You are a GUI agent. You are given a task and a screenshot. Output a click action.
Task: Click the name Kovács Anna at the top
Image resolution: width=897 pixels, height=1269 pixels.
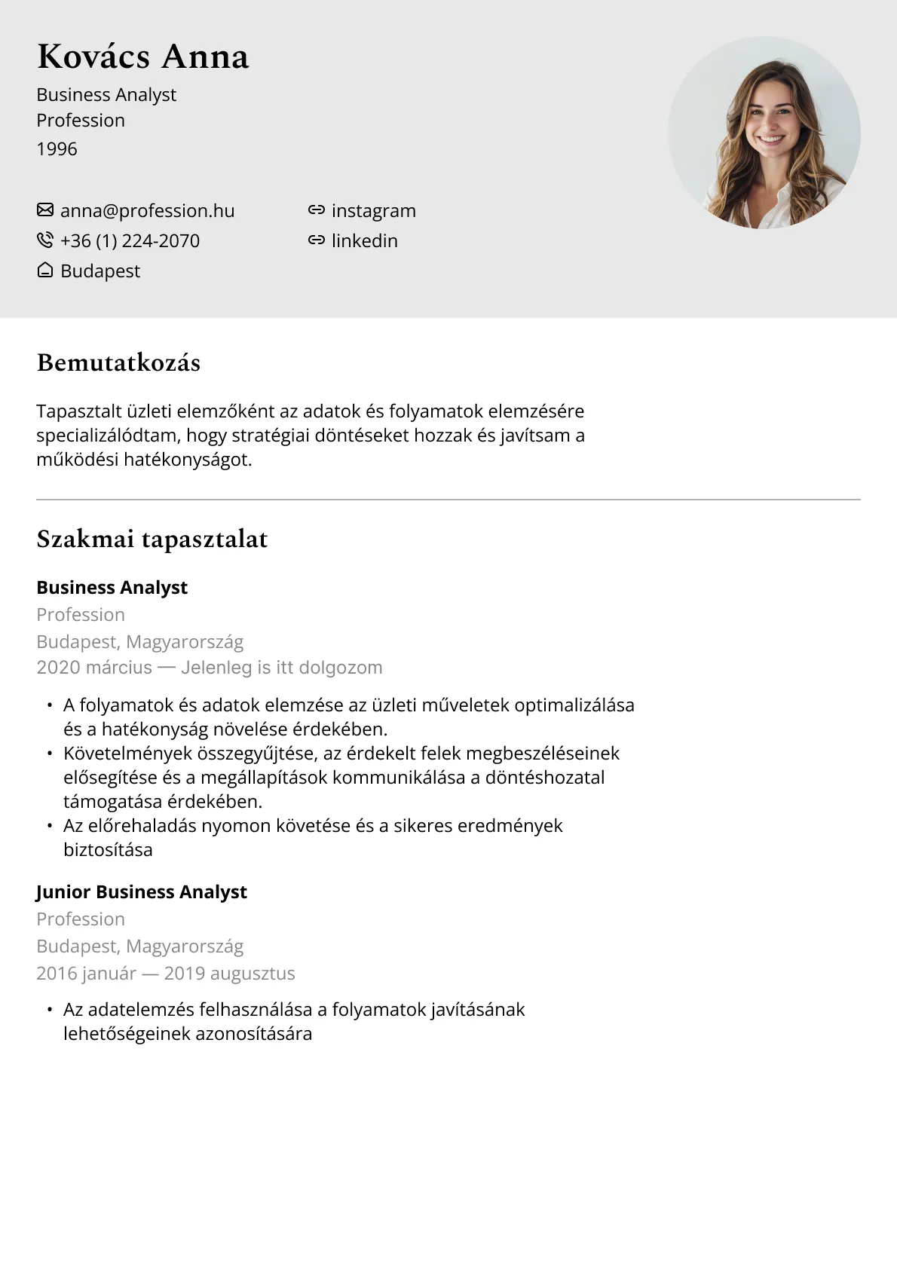(142, 57)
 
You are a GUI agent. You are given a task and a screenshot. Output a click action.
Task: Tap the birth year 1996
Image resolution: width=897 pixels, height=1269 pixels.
(57, 149)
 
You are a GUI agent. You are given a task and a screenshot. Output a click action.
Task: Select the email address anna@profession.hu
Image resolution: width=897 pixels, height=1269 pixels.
(147, 211)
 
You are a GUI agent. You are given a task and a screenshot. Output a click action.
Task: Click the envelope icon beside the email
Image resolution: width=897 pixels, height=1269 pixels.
(45, 209)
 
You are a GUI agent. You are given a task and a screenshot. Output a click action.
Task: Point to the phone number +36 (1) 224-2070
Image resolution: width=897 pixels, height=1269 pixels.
(130, 241)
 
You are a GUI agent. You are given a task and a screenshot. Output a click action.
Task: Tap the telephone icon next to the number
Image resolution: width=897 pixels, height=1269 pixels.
(45, 240)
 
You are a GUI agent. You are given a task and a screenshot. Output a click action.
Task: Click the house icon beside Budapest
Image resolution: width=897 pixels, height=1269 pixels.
(45, 271)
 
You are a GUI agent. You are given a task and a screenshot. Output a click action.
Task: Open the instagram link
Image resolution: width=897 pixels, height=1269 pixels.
(373, 211)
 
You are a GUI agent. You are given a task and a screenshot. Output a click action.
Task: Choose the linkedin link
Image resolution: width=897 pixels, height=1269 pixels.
(364, 241)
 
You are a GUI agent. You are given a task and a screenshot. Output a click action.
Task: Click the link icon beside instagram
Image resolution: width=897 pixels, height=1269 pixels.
(317, 210)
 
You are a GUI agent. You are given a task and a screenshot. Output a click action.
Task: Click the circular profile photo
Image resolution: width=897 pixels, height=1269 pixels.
(764, 133)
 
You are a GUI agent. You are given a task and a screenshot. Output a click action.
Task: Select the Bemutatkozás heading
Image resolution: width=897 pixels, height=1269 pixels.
(118, 363)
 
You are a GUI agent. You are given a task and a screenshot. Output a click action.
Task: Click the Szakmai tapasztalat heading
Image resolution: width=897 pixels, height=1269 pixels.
(152, 540)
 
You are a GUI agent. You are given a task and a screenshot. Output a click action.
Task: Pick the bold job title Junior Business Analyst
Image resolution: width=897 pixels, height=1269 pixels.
(142, 892)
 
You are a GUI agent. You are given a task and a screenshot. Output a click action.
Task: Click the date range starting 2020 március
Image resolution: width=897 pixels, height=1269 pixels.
(209, 668)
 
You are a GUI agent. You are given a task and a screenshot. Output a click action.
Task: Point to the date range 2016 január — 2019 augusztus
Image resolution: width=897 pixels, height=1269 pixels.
(165, 974)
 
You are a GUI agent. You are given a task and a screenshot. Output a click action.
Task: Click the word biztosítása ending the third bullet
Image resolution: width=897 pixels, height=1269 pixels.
(108, 850)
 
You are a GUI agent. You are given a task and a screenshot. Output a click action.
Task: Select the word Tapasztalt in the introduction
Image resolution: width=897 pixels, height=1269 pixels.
(76, 411)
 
